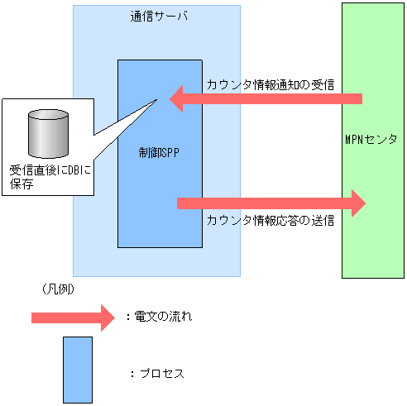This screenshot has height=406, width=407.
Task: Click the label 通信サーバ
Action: pyautogui.click(x=157, y=17)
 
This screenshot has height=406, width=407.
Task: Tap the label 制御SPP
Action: pyautogui.click(x=160, y=153)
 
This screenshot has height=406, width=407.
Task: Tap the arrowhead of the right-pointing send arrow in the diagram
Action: pyautogui.click(x=357, y=203)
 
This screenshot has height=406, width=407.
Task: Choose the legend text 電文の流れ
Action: pyautogui.click(x=163, y=317)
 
